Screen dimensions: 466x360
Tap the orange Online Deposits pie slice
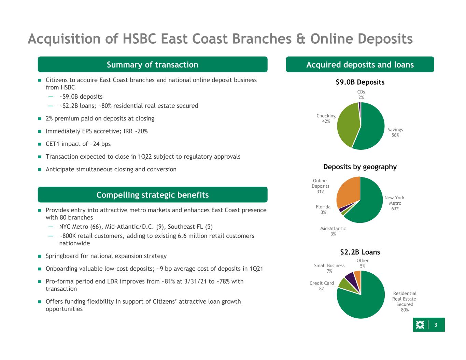tap(348, 192)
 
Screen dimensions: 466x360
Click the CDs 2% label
tap(361, 95)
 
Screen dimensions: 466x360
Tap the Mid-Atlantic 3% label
tap(333, 231)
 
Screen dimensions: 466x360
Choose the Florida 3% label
tap(323, 210)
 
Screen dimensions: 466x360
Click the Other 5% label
tap(363, 263)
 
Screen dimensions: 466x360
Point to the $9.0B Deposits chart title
tap(360, 82)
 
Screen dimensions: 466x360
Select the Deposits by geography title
tap(360, 167)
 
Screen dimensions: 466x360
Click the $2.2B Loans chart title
tap(360, 252)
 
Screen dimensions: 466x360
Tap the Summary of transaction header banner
tap(153, 64)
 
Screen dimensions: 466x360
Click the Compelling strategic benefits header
tap(153, 195)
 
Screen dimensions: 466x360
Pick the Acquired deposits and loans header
tap(360, 64)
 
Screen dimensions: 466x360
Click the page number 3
tap(436, 325)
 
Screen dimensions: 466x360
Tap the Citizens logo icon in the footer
tap(420, 325)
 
